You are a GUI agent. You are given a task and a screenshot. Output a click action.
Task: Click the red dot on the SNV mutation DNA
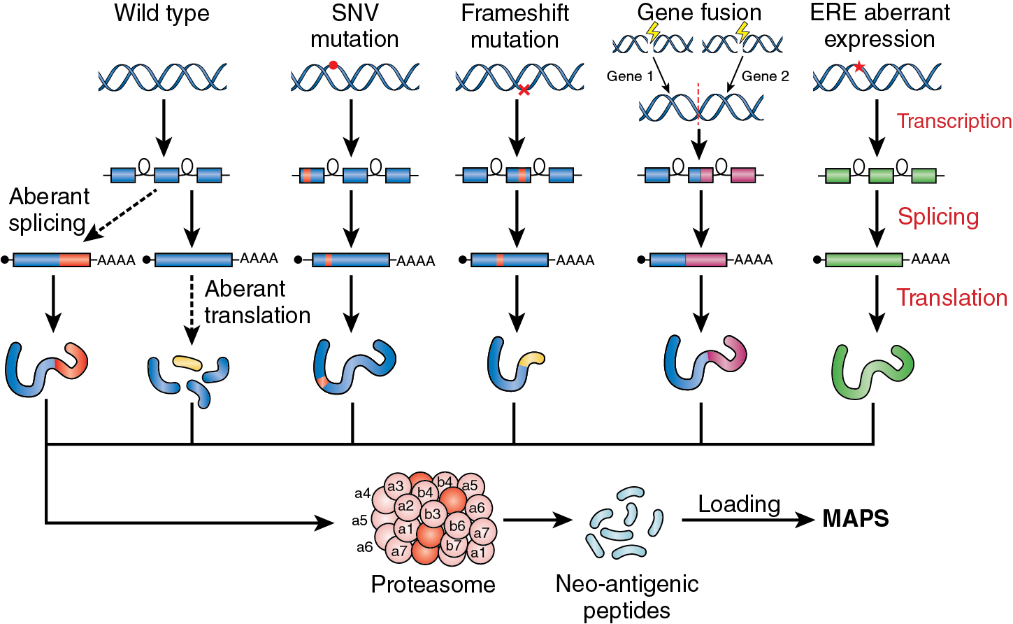(x=333, y=65)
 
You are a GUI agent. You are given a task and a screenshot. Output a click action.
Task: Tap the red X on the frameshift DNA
(x=524, y=90)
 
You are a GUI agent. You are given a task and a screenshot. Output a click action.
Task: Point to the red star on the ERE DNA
(x=859, y=66)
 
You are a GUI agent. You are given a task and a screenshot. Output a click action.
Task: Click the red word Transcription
(x=954, y=121)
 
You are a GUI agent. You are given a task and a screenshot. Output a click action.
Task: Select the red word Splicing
(x=938, y=217)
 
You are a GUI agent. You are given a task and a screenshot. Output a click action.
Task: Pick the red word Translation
(x=951, y=298)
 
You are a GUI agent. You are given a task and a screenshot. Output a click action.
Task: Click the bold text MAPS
(x=856, y=519)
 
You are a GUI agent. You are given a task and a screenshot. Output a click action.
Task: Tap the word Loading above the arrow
(x=739, y=504)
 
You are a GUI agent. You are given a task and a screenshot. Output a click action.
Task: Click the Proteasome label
(x=433, y=584)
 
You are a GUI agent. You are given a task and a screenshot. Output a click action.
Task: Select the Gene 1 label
(x=630, y=76)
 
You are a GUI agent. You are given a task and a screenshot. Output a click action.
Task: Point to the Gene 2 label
(x=765, y=76)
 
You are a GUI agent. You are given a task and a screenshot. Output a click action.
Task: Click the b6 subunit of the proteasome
(x=457, y=526)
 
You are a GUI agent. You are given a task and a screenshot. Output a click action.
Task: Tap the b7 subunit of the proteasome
(x=454, y=545)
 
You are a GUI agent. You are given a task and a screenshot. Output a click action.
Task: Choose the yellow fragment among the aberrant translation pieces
(x=187, y=362)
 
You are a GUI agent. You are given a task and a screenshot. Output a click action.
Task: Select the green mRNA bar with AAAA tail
(x=864, y=260)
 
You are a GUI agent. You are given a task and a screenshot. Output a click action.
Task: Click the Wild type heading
(x=161, y=13)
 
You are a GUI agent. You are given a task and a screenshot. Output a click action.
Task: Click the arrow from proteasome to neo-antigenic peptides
(x=537, y=520)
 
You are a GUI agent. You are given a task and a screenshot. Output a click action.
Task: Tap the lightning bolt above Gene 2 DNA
(x=743, y=31)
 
